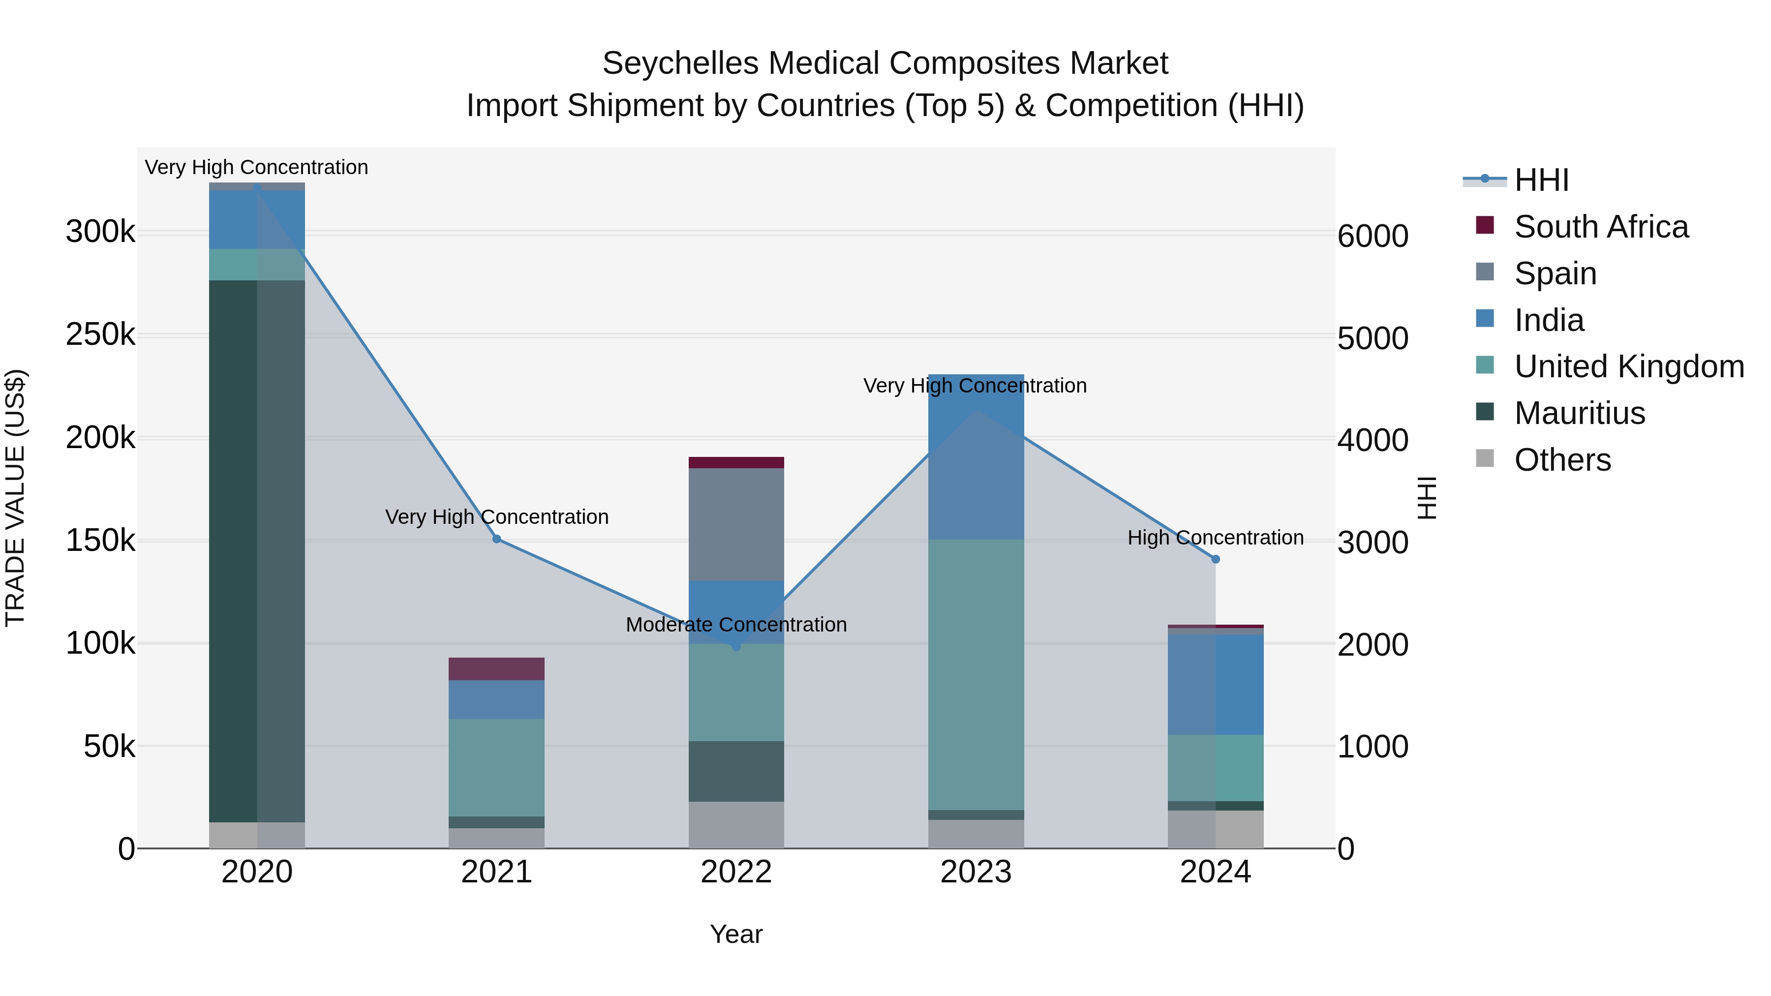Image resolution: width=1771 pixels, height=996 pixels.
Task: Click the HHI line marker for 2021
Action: click(x=496, y=539)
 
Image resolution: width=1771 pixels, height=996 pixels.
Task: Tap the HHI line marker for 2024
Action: click(x=1216, y=560)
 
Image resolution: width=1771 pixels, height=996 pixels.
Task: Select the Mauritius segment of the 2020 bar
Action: click(x=256, y=550)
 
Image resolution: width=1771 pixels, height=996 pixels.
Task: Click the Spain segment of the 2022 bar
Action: click(x=736, y=524)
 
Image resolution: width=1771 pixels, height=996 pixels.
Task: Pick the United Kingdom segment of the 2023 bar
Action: click(x=976, y=674)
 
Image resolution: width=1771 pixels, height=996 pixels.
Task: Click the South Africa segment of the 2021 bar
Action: click(x=496, y=669)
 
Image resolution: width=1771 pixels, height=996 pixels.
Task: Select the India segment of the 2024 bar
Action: click(x=1216, y=684)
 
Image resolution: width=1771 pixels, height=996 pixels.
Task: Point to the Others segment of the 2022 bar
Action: click(x=736, y=824)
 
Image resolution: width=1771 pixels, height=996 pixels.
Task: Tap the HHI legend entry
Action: click(x=1541, y=180)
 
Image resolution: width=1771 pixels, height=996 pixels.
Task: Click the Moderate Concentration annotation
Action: click(x=736, y=625)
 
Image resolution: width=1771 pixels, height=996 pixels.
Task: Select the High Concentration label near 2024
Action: click(x=1216, y=538)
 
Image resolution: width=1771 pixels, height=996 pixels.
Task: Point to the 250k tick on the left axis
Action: click(x=100, y=335)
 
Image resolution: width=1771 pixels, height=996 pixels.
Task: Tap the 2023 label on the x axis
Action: click(x=976, y=872)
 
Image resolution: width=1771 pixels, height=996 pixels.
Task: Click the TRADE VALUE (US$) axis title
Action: click(x=15, y=498)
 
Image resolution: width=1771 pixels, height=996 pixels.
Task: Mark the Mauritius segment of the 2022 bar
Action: click(x=736, y=771)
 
